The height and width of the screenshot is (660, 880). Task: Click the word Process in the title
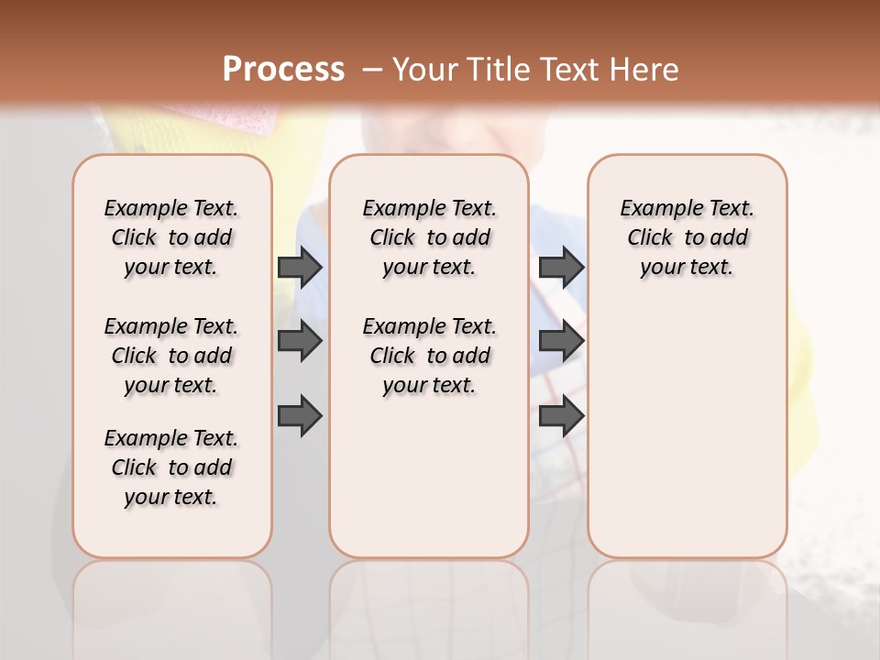click(283, 70)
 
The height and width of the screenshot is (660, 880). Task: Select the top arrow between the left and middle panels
click(300, 267)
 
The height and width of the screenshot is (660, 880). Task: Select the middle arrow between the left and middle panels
click(300, 341)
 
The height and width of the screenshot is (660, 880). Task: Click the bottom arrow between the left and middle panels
click(300, 416)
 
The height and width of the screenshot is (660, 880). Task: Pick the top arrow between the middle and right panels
click(561, 267)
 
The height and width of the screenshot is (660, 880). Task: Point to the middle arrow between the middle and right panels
click(561, 341)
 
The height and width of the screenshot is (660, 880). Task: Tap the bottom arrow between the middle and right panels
click(561, 416)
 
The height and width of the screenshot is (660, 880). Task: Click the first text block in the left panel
click(171, 237)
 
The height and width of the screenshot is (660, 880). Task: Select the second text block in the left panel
click(171, 356)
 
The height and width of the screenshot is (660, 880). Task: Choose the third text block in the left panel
click(171, 467)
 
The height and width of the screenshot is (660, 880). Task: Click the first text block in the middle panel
click(429, 237)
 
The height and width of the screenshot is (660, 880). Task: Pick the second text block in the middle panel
click(429, 356)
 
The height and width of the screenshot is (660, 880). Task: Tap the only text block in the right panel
click(687, 237)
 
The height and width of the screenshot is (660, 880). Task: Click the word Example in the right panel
click(653, 209)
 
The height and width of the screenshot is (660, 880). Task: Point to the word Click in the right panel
click(650, 238)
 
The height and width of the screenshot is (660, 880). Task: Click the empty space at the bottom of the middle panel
click(429, 486)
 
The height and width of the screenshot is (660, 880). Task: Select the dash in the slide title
click(372, 70)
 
